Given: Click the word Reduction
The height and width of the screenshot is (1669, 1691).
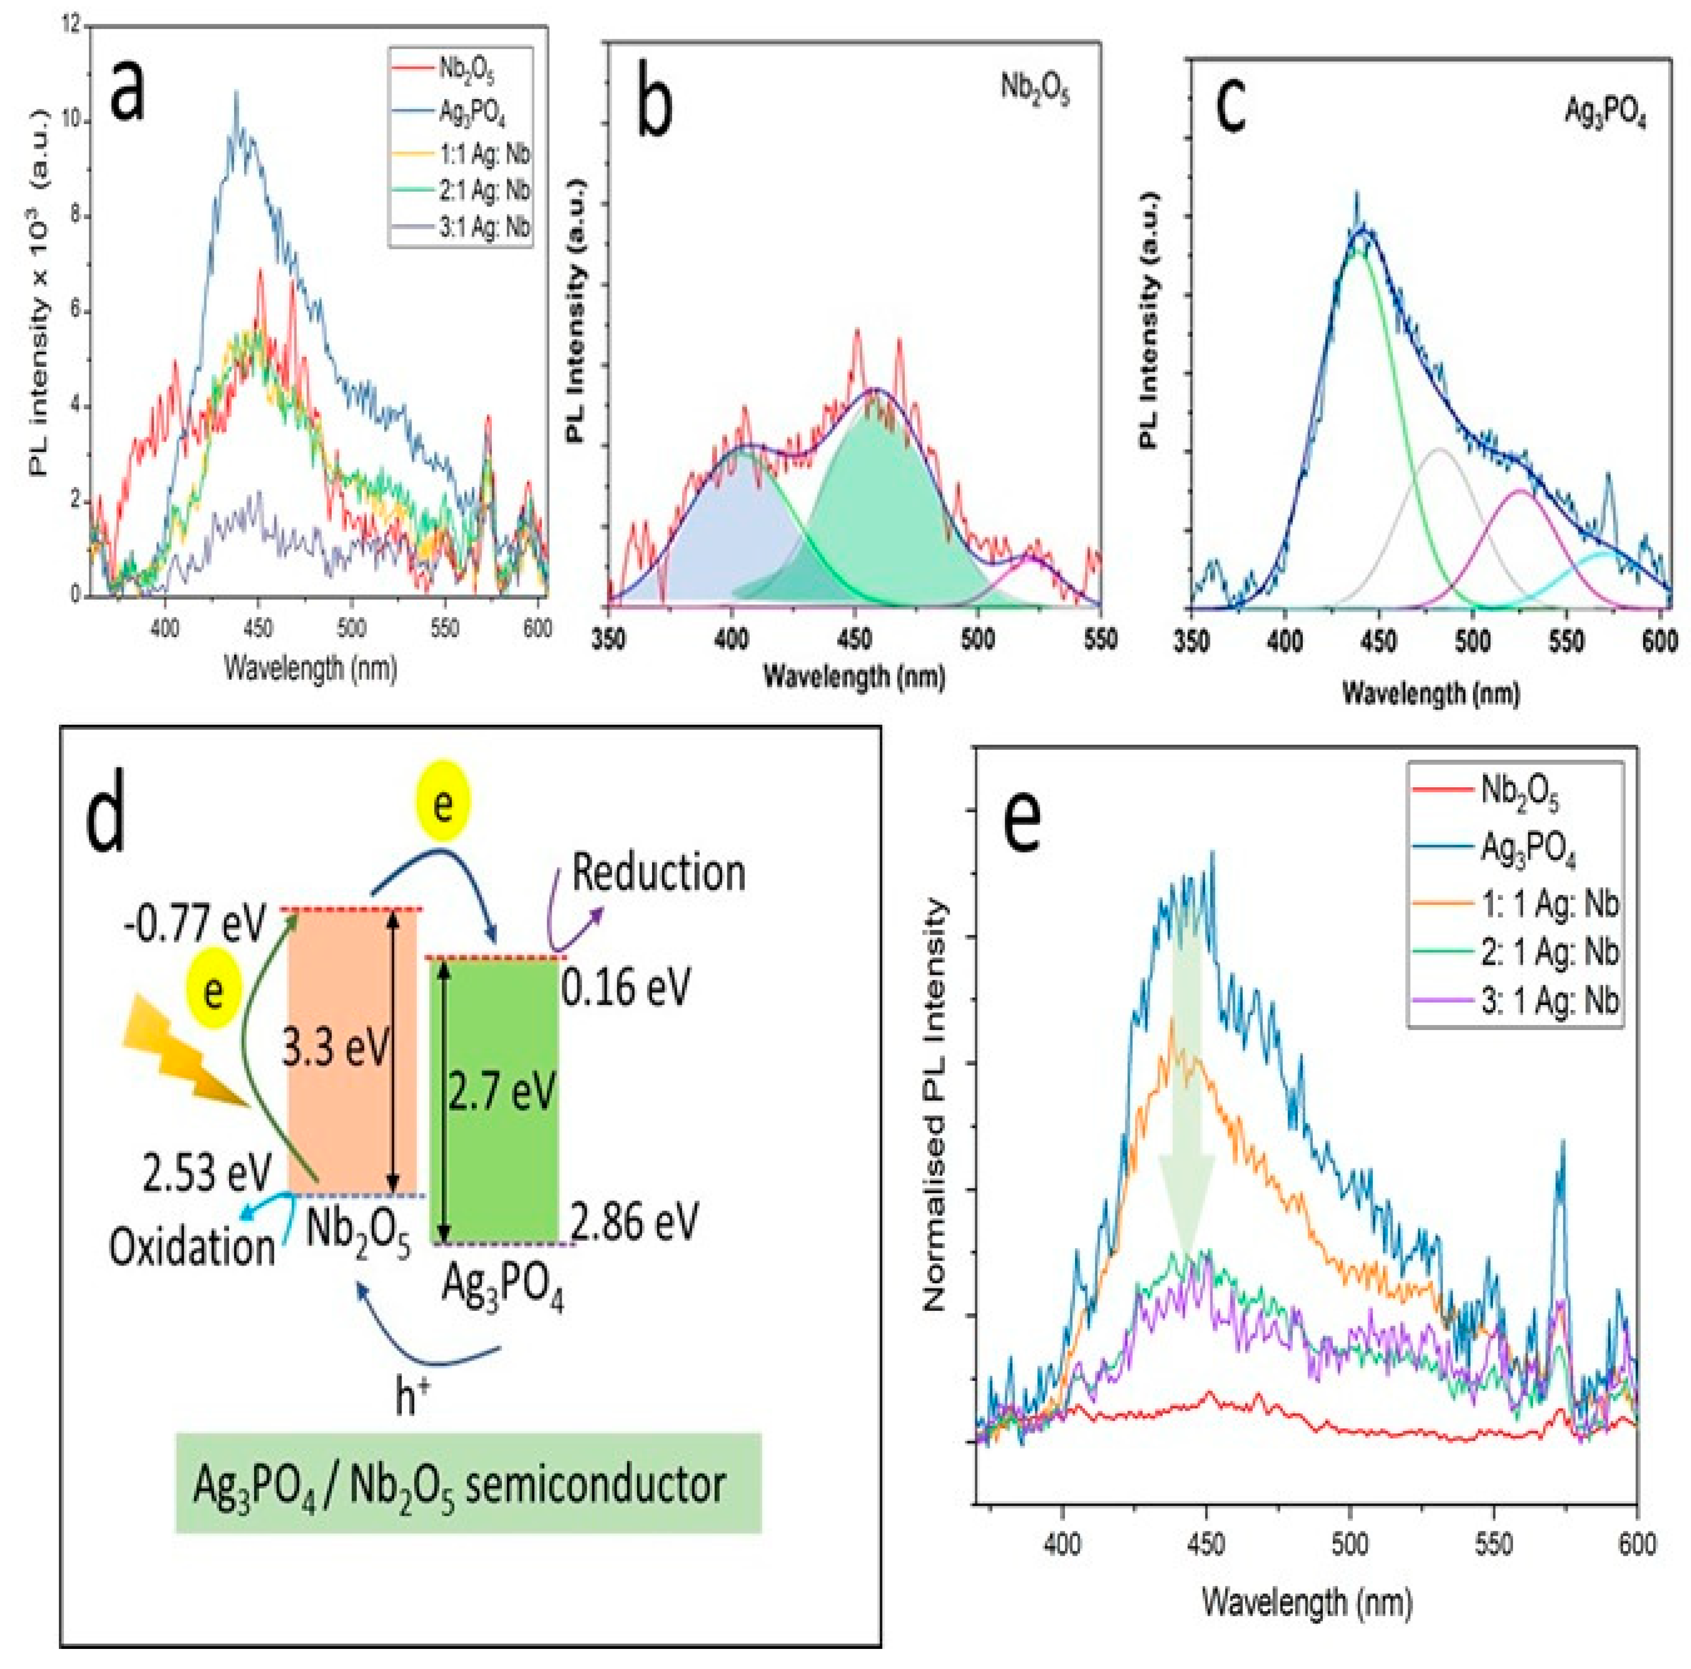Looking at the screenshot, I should (x=658, y=873).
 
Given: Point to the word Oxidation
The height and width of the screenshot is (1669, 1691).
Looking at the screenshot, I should (x=192, y=1247).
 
